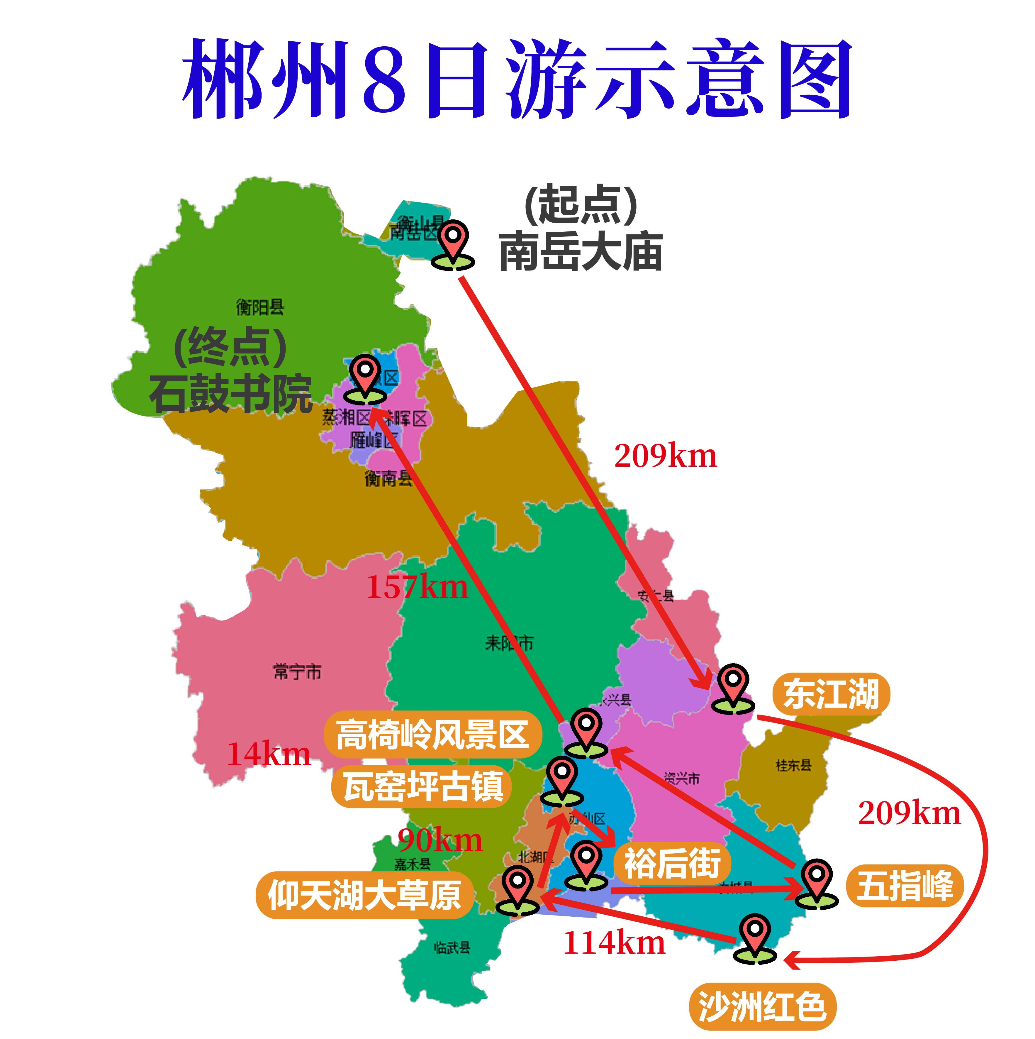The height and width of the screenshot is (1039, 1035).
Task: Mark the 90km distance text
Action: [x=440, y=840]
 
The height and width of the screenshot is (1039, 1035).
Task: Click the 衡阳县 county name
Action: [x=260, y=307]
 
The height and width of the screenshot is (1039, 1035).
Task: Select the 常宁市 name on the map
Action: [x=297, y=672]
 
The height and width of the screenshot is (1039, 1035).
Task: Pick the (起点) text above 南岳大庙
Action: [x=581, y=204]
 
